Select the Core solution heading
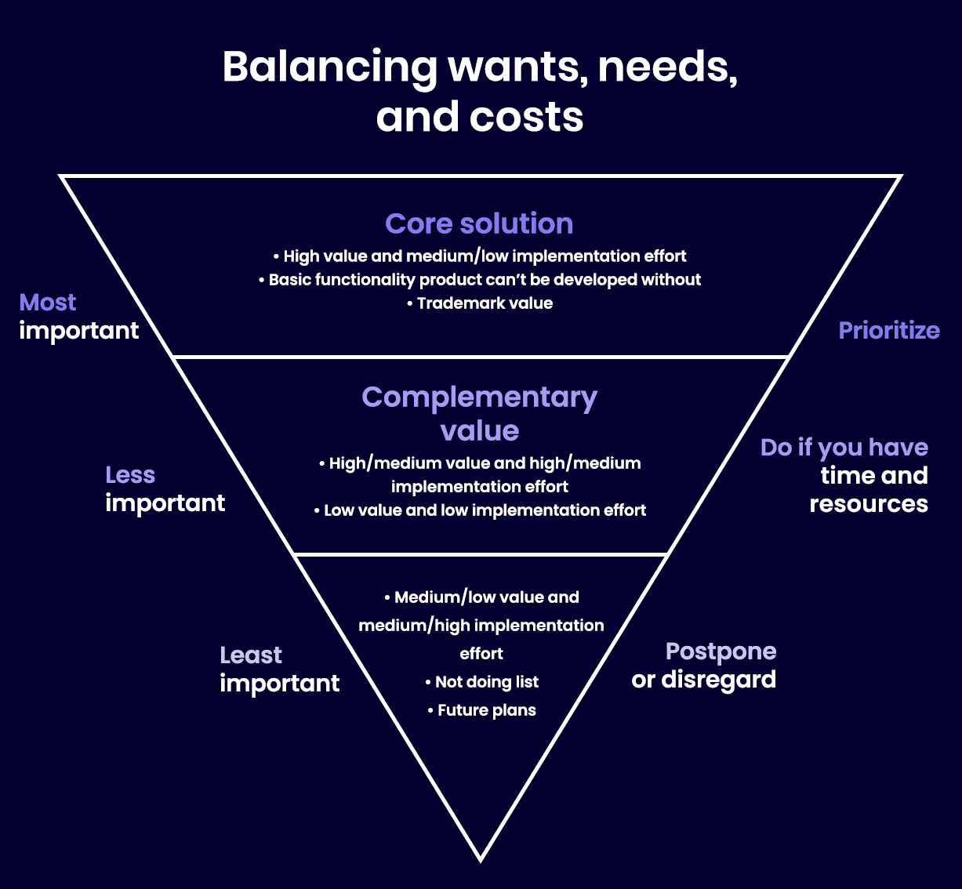click(479, 223)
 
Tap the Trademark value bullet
click(480, 303)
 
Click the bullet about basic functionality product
click(480, 280)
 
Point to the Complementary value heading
click(479, 413)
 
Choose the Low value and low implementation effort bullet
click(480, 510)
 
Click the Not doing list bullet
click(482, 682)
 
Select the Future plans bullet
click(482, 710)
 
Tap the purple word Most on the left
click(48, 303)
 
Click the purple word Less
click(130, 475)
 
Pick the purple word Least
click(251, 655)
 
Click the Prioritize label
click(889, 330)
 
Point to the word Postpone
click(721, 651)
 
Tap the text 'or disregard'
click(703, 680)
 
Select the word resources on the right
click(869, 504)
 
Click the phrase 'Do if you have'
click(844, 448)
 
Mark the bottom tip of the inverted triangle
click(481, 860)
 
